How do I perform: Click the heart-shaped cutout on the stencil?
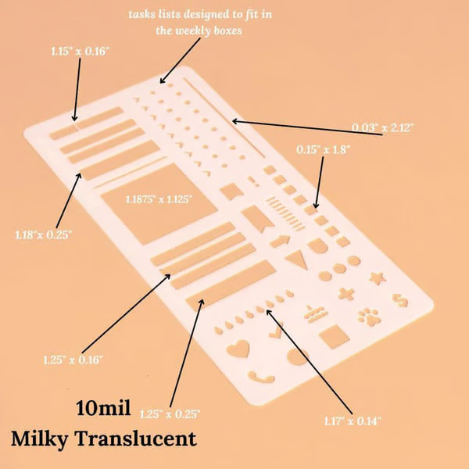tap(238, 349)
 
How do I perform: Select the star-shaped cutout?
tap(378, 278)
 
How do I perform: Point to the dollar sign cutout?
tap(400, 300)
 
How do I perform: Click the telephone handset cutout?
tap(261, 378)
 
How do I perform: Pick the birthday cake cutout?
tap(316, 314)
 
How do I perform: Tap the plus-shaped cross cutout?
tap(346, 294)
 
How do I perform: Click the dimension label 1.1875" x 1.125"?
tap(159, 199)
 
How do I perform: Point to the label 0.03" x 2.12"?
tap(382, 127)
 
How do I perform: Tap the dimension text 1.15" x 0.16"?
tap(81, 51)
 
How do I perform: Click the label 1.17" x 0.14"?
tap(353, 421)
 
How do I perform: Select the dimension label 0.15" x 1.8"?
tap(323, 149)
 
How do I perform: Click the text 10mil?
tap(103, 408)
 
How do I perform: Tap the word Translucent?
tap(135, 439)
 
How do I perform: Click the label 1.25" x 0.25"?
tap(170, 414)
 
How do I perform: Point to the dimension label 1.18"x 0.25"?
tap(44, 234)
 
